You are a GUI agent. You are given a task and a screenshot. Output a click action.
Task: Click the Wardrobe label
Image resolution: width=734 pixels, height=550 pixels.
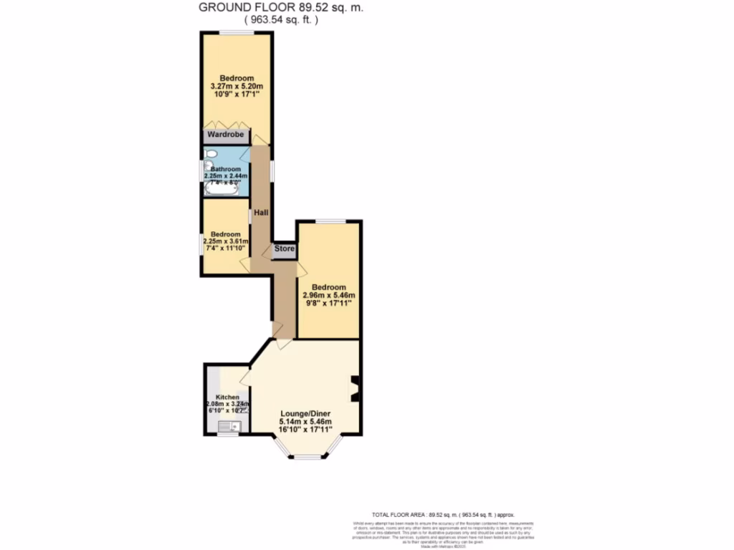225,135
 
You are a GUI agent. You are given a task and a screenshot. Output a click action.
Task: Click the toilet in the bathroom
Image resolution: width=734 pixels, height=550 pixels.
210,154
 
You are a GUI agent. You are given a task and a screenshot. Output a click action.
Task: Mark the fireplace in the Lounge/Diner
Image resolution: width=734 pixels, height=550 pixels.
353,389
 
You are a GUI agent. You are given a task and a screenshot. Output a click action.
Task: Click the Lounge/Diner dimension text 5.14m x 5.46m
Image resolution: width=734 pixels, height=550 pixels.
306,423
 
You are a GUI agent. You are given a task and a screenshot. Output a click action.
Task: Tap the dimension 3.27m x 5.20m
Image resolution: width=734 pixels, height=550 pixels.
237,86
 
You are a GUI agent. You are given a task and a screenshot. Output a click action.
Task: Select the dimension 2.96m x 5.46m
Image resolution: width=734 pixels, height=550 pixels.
329,295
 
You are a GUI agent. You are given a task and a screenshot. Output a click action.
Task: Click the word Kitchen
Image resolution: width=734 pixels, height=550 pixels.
227,397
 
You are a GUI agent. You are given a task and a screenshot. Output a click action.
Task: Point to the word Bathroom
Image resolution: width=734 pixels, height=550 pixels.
226,169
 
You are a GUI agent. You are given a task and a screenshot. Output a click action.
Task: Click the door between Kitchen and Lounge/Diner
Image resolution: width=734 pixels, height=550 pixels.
246,377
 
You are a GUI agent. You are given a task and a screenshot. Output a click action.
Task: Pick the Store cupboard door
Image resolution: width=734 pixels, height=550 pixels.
267,251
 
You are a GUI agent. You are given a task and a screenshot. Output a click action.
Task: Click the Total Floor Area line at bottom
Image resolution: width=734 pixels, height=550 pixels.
442,514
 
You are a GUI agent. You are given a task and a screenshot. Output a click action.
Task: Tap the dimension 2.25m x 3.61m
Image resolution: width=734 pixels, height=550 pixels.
226,241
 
